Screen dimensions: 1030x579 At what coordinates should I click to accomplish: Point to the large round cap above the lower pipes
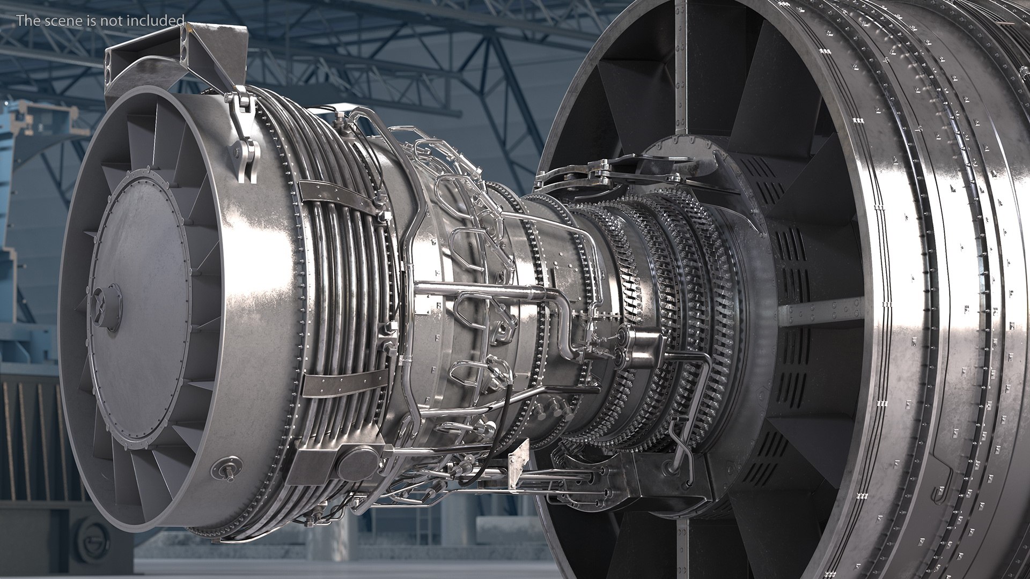point(359,461)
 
